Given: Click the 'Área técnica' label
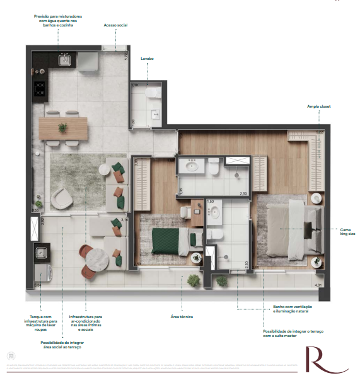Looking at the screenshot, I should click(182, 316).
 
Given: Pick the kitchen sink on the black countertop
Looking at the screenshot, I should click(64, 60).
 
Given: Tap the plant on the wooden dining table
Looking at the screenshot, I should click(63, 128).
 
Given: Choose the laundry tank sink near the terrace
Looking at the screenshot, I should click(42, 253).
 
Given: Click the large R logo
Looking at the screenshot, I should click(322, 362).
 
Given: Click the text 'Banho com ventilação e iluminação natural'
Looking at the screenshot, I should click(292, 310).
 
